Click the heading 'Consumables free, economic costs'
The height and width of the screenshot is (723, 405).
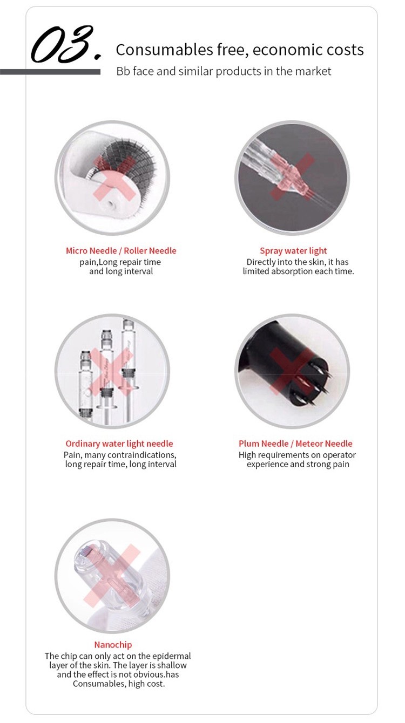click(239, 50)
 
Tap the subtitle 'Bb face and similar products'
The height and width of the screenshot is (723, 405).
click(224, 71)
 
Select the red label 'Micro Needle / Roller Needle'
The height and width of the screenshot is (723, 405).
click(121, 250)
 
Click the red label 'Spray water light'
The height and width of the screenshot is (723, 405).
click(293, 250)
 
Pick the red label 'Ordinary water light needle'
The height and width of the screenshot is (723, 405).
click(119, 444)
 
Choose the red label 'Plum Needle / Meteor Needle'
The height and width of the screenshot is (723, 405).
click(295, 444)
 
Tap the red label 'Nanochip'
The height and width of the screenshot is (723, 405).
click(113, 645)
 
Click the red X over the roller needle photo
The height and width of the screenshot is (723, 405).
click(114, 178)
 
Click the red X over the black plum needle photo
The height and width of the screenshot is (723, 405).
click(292, 371)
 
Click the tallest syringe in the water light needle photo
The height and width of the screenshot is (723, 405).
click(128, 367)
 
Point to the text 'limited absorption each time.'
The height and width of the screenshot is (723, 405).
click(298, 271)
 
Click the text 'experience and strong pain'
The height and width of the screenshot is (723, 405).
click(298, 465)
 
